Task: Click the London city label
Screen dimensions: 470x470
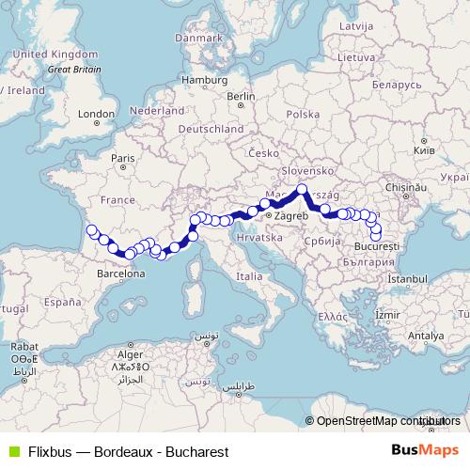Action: (x=96, y=114)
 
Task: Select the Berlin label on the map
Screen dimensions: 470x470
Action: (x=241, y=96)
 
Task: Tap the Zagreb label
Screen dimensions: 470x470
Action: (x=290, y=216)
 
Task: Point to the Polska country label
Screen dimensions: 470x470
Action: (x=304, y=113)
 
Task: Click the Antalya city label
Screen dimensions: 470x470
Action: (x=426, y=335)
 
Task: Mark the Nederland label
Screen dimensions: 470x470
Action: (x=157, y=110)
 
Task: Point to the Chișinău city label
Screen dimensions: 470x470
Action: (x=419, y=188)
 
